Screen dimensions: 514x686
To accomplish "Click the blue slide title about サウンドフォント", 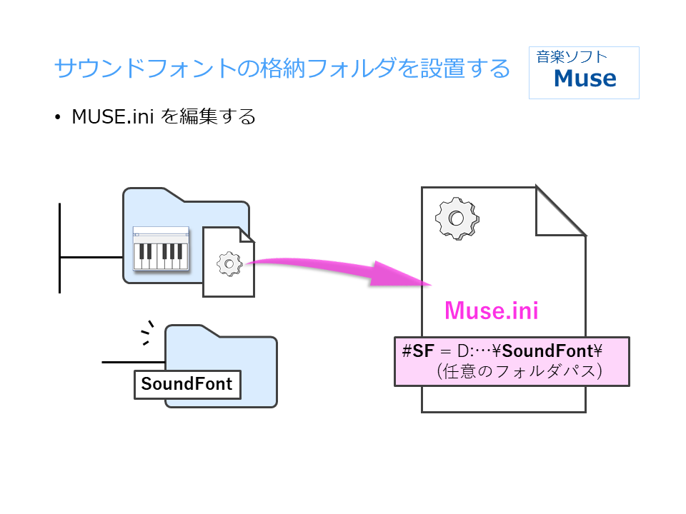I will point(282,69).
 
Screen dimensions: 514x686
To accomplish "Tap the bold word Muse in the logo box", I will point(585,79).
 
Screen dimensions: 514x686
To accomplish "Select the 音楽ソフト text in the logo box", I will point(572,56).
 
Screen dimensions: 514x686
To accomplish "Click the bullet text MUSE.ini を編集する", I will point(164,117).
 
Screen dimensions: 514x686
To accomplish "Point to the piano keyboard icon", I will point(161,249).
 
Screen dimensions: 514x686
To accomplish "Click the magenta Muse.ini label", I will point(491,311).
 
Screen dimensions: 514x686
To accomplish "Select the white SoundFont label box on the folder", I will point(187,384).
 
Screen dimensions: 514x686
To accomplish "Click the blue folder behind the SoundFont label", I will point(250,357).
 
